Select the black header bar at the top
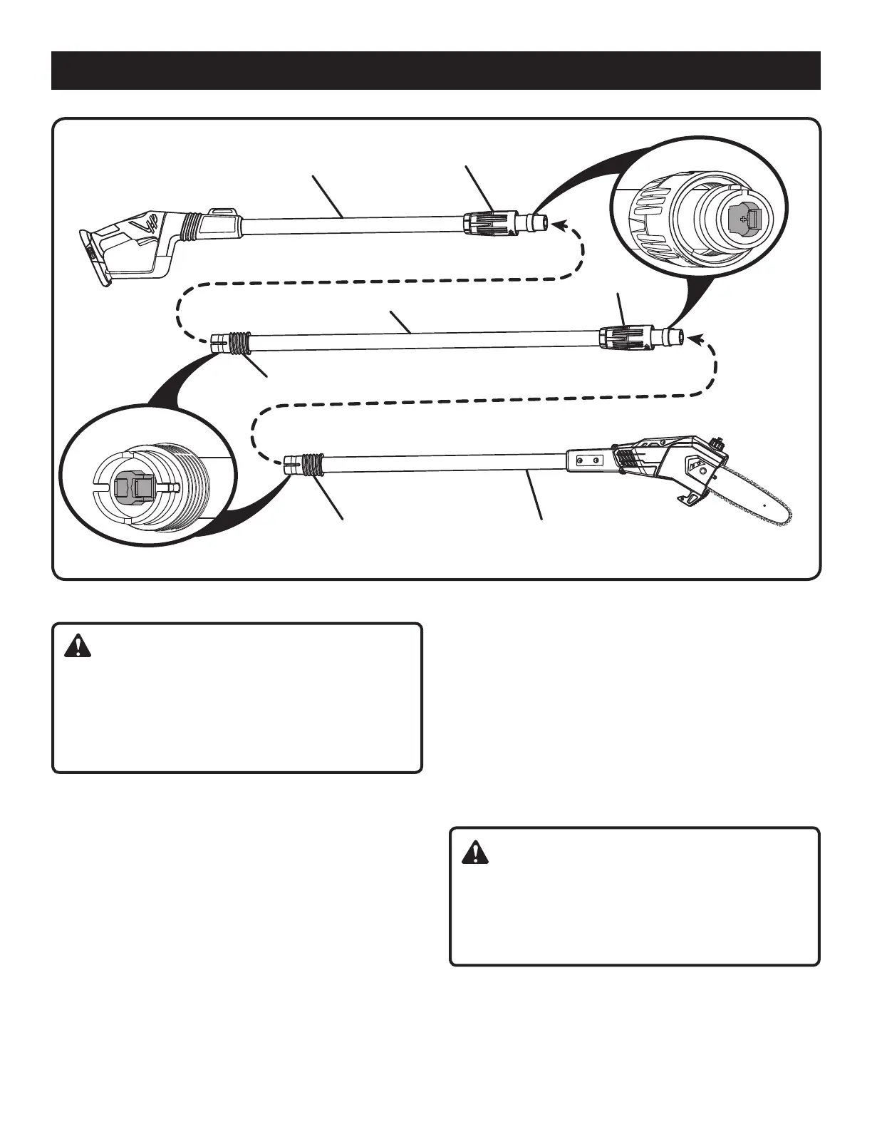435,71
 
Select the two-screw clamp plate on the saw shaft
589,460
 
